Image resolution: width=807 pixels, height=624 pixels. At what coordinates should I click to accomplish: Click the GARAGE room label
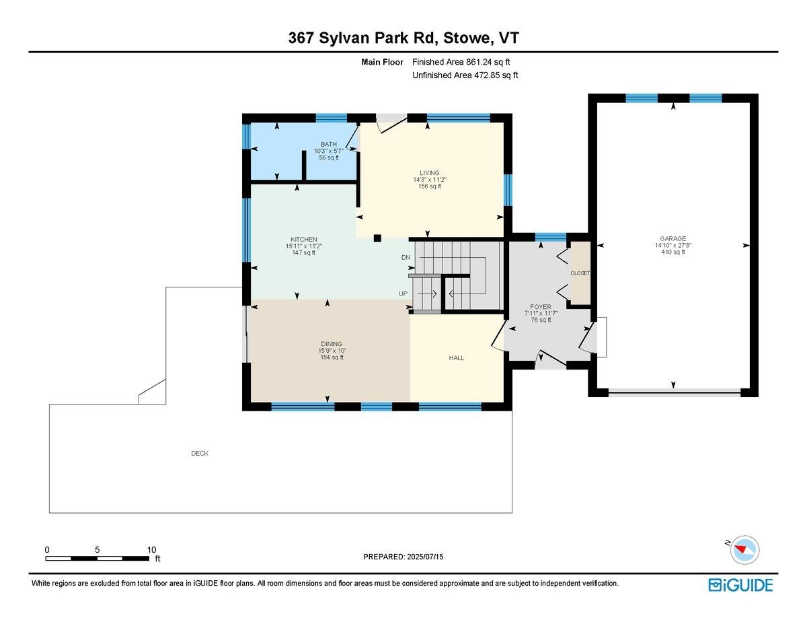click(672, 238)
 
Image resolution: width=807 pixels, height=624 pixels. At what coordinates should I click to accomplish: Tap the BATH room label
click(328, 144)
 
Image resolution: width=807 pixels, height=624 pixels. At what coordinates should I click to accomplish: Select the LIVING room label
click(430, 173)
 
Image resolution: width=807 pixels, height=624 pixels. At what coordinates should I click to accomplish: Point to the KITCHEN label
click(303, 240)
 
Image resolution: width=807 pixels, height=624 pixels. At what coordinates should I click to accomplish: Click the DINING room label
click(332, 343)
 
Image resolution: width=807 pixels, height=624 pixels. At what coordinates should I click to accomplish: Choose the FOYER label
click(541, 307)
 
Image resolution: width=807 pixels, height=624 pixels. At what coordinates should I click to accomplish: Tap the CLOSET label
click(580, 273)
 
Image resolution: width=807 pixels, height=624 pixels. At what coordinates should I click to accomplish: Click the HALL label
click(457, 358)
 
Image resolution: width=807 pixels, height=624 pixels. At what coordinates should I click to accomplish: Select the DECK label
click(200, 454)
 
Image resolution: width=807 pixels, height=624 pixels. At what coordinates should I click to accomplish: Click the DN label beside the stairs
click(406, 258)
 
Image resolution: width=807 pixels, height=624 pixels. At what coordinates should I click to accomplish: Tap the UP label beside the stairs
click(403, 294)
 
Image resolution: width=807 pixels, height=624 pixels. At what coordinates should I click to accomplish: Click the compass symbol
click(745, 549)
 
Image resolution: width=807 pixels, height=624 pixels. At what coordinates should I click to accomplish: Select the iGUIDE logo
click(740, 585)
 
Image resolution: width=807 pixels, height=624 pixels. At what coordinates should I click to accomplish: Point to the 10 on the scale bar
click(152, 550)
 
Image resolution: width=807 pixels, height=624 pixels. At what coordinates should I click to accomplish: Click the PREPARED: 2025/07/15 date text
click(404, 557)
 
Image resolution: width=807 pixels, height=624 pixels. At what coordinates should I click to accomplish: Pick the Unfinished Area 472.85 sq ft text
click(465, 75)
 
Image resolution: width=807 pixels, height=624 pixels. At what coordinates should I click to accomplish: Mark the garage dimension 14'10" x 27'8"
click(672, 246)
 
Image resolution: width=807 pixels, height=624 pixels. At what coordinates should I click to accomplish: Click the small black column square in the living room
click(377, 238)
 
